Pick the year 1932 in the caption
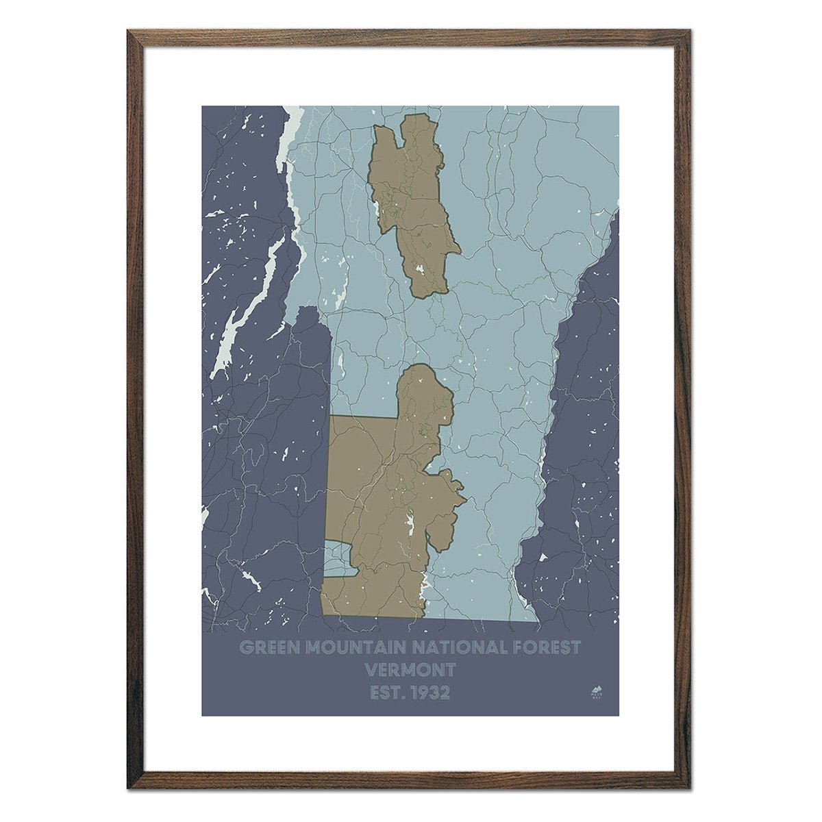[x=429, y=693]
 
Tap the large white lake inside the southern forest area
[x=411, y=526]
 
